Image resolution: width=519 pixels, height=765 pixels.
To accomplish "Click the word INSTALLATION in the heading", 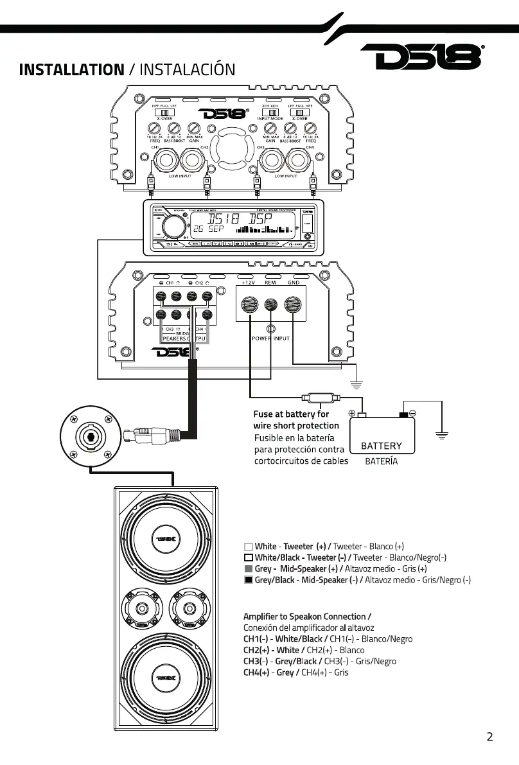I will click(x=71, y=69).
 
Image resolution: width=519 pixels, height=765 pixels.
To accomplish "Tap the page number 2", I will click(x=489, y=737).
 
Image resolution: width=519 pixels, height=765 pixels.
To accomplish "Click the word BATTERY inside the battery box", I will click(x=382, y=446).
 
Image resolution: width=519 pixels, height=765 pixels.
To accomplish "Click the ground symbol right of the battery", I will click(x=441, y=435).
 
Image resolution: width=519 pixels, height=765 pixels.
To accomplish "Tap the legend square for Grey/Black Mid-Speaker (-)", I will click(x=248, y=580).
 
